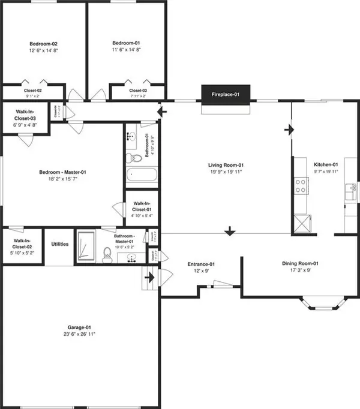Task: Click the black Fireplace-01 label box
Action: (228, 94)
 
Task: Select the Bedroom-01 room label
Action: (125, 43)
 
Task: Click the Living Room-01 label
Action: (227, 165)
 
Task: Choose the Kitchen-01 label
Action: (326, 165)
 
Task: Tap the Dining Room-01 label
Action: (300, 263)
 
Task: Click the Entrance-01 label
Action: (201, 264)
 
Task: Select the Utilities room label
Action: (59, 244)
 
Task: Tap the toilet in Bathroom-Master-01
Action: (107, 257)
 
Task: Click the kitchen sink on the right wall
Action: (349, 191)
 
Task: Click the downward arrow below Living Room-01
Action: (229, 231)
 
